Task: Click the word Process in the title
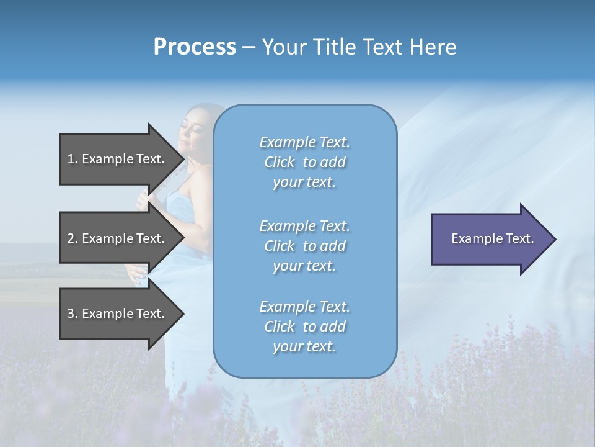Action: [195, 47]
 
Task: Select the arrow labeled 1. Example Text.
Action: [116, 159]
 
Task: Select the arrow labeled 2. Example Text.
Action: [116, 238]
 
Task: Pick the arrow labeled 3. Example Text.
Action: [116, 314]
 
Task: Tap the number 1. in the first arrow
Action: [73, 159]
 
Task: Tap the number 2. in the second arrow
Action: [73, 238]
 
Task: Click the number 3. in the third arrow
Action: [73, 314]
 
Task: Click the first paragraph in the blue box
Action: [304, 162]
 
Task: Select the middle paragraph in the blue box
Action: [304, 246]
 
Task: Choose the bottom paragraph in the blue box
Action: [304, 327]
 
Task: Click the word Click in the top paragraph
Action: [280, 162]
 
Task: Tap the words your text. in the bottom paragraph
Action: [304, 346]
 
